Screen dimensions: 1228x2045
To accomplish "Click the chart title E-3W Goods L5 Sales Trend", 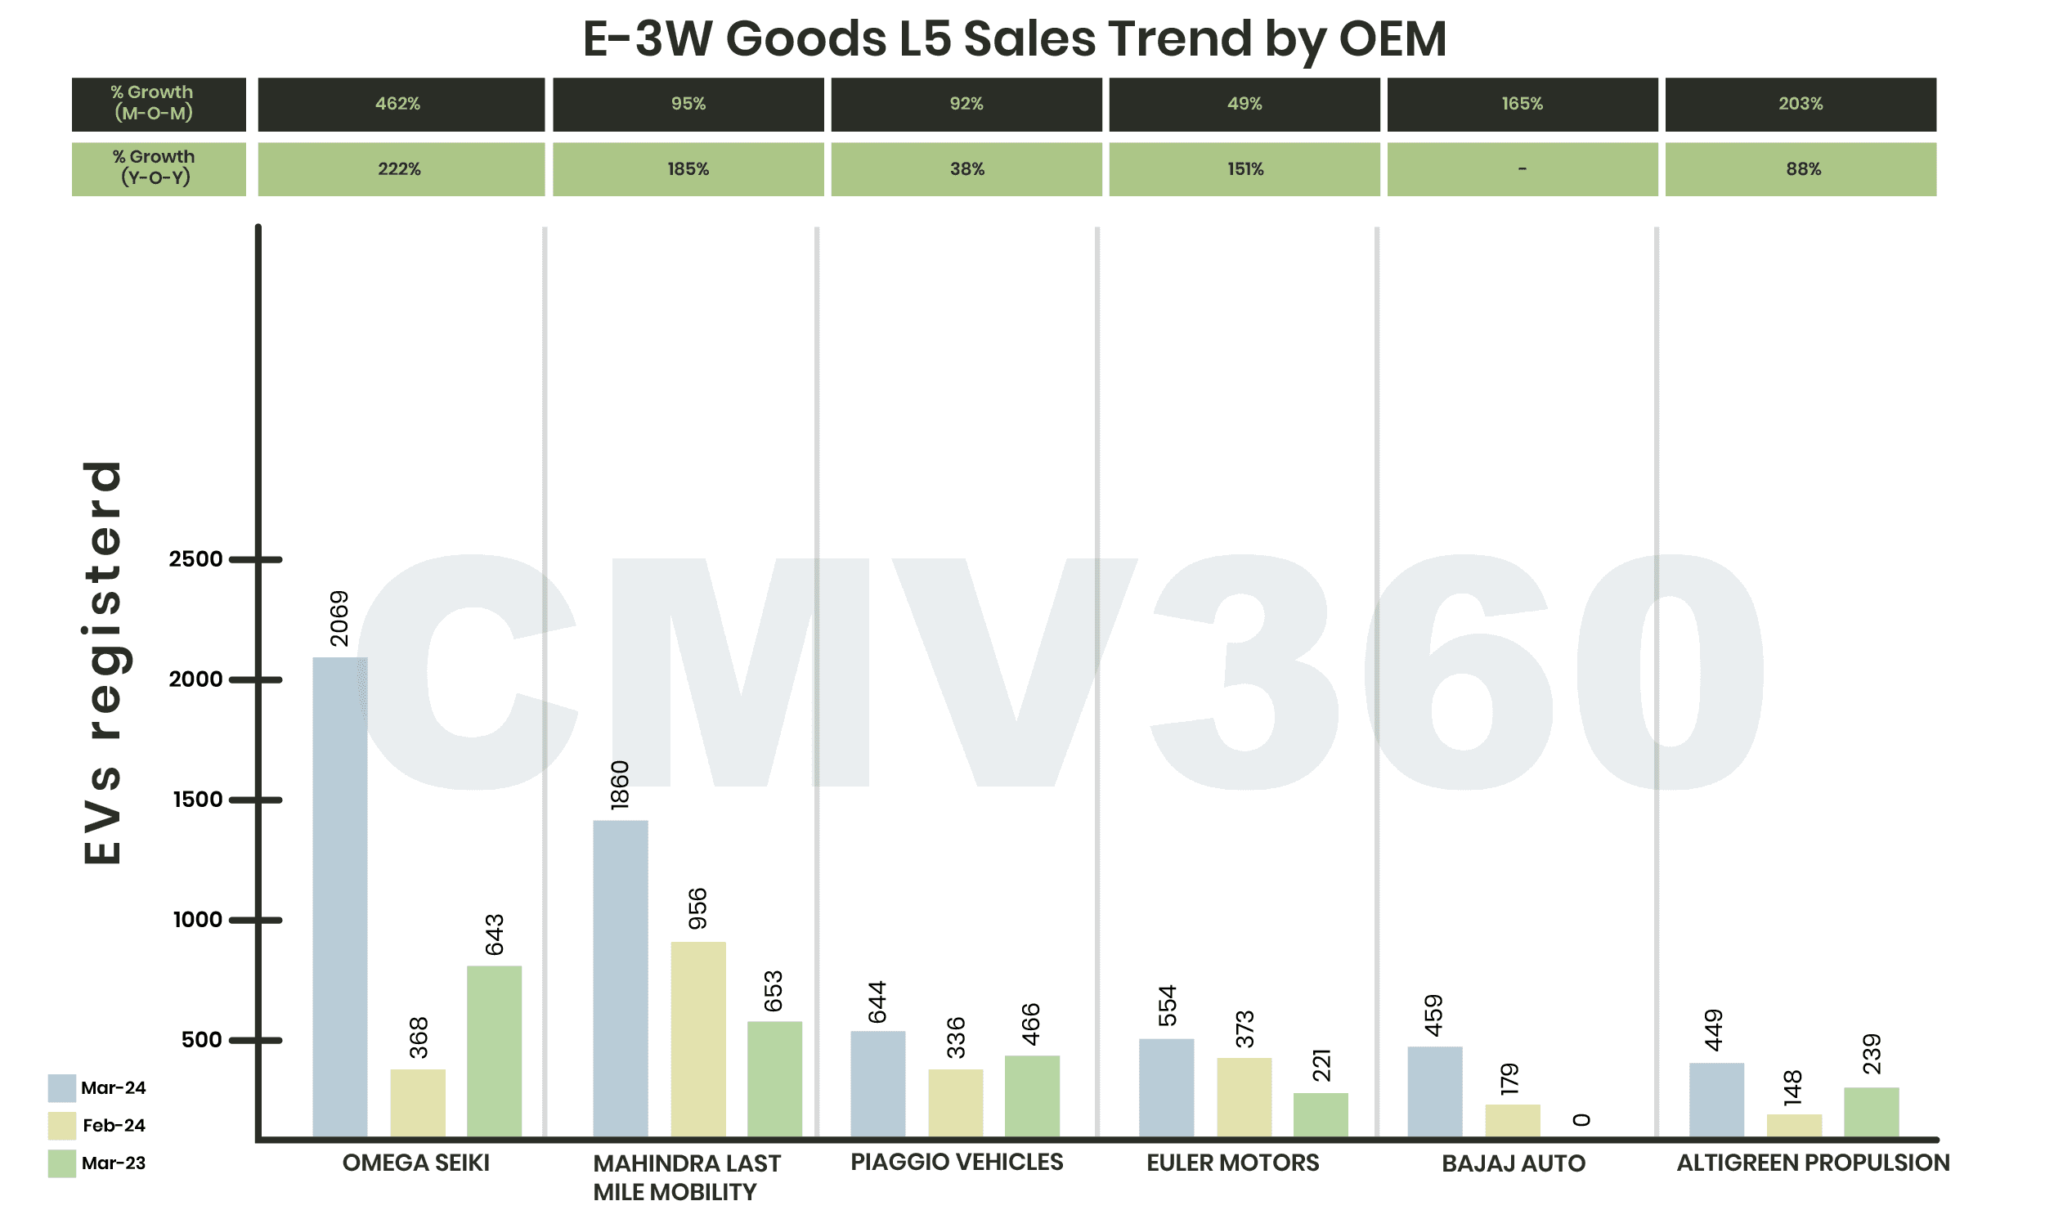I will (1014, 39).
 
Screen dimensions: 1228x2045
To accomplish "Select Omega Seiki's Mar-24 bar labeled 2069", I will (339, 897).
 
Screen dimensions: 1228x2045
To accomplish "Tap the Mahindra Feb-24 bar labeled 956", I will (697, 1038).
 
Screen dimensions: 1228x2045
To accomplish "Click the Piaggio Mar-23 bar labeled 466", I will (1031, 1096).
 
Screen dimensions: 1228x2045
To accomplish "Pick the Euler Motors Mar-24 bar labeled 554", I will (1166, 1087).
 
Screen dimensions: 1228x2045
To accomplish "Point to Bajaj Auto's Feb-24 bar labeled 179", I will (1512, 1120).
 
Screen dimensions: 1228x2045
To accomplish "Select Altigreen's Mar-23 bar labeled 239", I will (1870, 1112).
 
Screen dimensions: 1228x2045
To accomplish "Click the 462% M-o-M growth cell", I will (401, 105).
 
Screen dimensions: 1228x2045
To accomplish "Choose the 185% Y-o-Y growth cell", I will (688, 168).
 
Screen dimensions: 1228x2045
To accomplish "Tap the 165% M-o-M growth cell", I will (1522, 105).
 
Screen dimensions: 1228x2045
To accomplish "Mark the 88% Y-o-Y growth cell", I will (1800, 168).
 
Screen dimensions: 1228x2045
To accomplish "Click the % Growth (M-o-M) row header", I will (158, 105).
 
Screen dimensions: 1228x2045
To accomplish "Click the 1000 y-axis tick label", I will (198, 919).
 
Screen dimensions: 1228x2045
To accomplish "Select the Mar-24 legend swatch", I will (62, 1088).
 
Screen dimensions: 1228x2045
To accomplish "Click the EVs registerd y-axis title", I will (104, 662).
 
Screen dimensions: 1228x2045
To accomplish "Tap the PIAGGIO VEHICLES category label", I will (957, 1162).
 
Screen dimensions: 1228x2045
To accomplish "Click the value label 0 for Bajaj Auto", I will (1581, 1119).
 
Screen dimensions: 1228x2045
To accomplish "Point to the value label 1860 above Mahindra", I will (620, 784).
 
